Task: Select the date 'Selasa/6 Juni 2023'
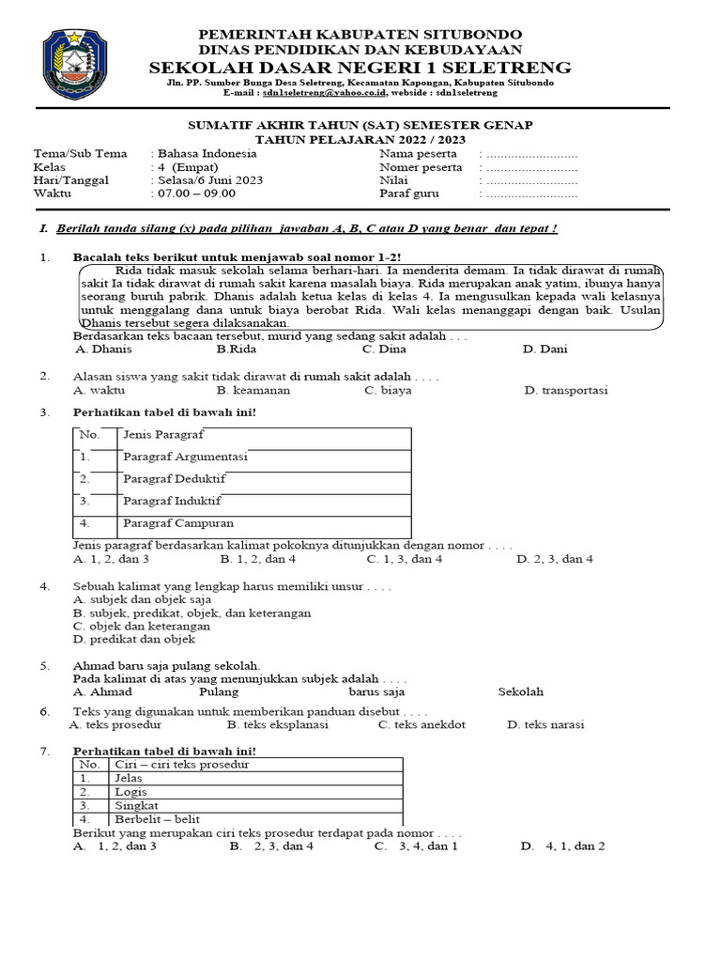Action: tap(209, 180)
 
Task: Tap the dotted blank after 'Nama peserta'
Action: tap(530, 154)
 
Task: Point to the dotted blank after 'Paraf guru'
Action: tap(530, 194)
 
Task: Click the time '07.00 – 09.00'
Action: tap(196, 194)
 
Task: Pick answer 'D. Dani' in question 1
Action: tap(545, 349)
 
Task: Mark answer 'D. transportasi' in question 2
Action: tap(565, 390)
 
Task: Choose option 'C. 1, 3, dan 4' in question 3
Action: tap(405, 559)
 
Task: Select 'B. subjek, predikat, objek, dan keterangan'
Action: tap(192, 613)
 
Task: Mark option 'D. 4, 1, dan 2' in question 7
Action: tap(563, 846)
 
